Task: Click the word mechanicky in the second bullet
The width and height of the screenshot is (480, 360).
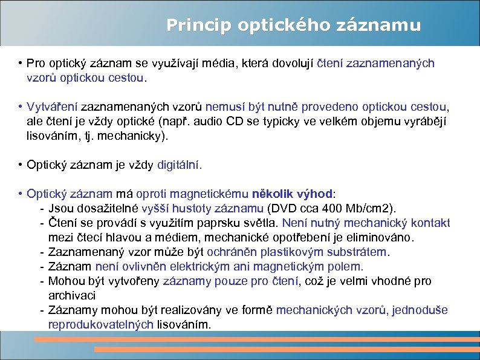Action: (132, 136)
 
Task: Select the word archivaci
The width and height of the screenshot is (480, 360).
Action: (72, 295)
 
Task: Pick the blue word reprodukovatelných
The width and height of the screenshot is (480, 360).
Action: (101, 324)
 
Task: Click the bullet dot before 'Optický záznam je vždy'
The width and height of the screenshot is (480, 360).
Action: (21, 165)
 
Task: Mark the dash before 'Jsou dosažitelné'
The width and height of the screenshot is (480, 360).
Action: (42, 209)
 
